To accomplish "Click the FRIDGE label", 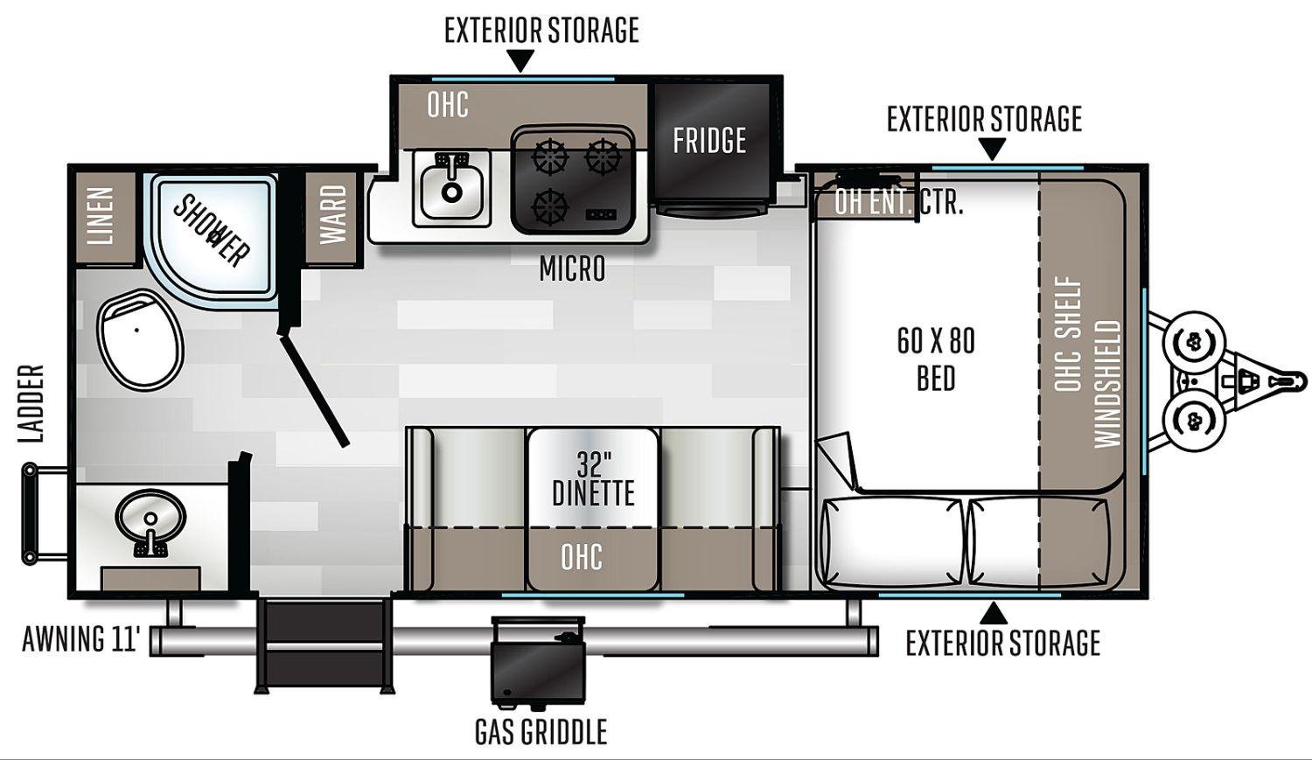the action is click(x=709, y=141).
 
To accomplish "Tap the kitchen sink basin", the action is click(x=451, y=188).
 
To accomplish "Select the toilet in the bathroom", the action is click(x=141, y=339).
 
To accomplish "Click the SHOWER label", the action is click(x=212, y=231).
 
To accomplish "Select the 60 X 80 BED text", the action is click(x=936, y=359).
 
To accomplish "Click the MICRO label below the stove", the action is click(x=572, y=268).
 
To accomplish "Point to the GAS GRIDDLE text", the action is click(x=541, y=731).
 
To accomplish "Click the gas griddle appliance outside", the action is click(x=538, y=659).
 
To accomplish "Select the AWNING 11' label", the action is click(x=81, y=638).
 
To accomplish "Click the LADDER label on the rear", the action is click(x=31, y=403).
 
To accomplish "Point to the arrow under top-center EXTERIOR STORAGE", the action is click(x=520, y=60).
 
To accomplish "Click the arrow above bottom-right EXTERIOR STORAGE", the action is click(x=994, y=614).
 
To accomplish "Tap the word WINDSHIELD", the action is click(x=1108, y=384).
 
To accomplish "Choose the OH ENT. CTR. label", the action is click(x=898, y=203).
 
